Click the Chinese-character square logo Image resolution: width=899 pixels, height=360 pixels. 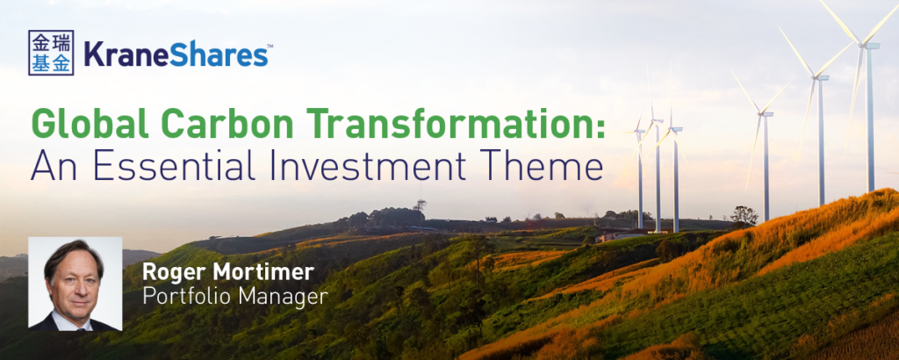pos(51,53)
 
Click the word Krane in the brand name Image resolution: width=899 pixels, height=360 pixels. pos(126,54)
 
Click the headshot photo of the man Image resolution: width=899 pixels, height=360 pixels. pos(76,284)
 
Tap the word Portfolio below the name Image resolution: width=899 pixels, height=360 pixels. pos(185,297)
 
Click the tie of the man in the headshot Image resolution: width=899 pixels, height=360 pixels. pos(77,328)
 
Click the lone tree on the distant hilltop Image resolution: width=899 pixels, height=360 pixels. pos(421,205)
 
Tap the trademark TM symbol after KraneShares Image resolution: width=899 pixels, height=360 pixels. pos(270,47)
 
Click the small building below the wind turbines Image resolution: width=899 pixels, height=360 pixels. pos(615,236)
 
